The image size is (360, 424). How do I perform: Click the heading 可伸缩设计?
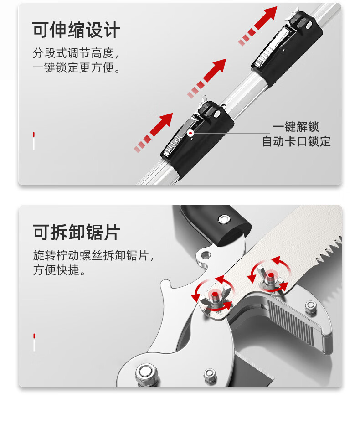pos(76,30)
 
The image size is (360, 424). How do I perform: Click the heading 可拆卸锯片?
pos(76,232)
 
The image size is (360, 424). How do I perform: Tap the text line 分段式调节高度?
pos(76,53)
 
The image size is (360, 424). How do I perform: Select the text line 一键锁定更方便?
pos(77,67)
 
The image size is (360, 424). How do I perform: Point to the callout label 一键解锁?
pos(296,127)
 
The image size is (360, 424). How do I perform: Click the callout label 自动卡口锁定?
pos(296,141)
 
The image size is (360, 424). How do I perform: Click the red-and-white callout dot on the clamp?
pos(190,133)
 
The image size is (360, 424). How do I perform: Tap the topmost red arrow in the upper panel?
pos(258,26)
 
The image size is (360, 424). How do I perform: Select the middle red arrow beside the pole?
pos(207,78)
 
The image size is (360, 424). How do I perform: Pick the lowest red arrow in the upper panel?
pos(153,133)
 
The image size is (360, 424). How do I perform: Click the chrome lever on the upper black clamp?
pos(273,46)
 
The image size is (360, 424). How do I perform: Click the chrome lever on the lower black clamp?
pos(181,135)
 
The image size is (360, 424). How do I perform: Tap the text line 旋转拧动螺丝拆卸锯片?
pos(93,255)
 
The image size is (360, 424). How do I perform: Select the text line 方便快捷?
pos(59,269)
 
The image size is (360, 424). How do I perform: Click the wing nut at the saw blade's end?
pos(216,299)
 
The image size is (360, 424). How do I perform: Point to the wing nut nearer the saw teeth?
pos(270,277)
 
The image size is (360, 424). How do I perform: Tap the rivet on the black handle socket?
pos(223,218)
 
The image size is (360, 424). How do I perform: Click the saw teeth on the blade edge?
pos(329,250)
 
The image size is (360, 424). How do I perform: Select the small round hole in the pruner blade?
pos(206,255)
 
